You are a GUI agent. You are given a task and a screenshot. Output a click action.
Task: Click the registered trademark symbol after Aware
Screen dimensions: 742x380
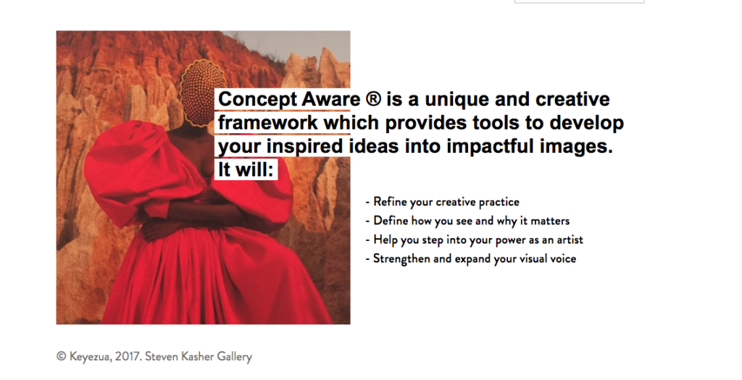[x=373, y=99]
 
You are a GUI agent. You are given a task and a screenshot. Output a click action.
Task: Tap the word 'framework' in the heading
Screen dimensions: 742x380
[x=268, y=123]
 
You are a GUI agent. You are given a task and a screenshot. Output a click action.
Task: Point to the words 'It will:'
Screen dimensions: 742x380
[x=246, y=169]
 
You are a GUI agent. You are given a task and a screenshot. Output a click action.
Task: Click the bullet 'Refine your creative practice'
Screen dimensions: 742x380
[x=443, y=202]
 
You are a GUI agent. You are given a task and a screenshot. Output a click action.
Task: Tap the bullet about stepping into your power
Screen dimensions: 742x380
[x=474, y=240]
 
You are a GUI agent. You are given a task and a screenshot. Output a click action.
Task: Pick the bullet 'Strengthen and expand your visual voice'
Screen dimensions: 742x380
[x=471, y=259]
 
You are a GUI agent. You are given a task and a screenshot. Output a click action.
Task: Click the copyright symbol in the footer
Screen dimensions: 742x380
[x=61, y=356]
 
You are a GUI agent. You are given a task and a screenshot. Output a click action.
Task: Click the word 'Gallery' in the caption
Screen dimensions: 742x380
[x=235, y=357]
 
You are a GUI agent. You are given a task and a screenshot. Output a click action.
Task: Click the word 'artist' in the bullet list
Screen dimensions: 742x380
[x=570, y=240]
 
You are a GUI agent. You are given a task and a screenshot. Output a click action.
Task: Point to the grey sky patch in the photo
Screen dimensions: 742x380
[x=293, y=45]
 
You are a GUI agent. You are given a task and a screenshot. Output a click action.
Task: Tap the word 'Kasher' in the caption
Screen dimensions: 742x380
[x=197, y=356]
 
